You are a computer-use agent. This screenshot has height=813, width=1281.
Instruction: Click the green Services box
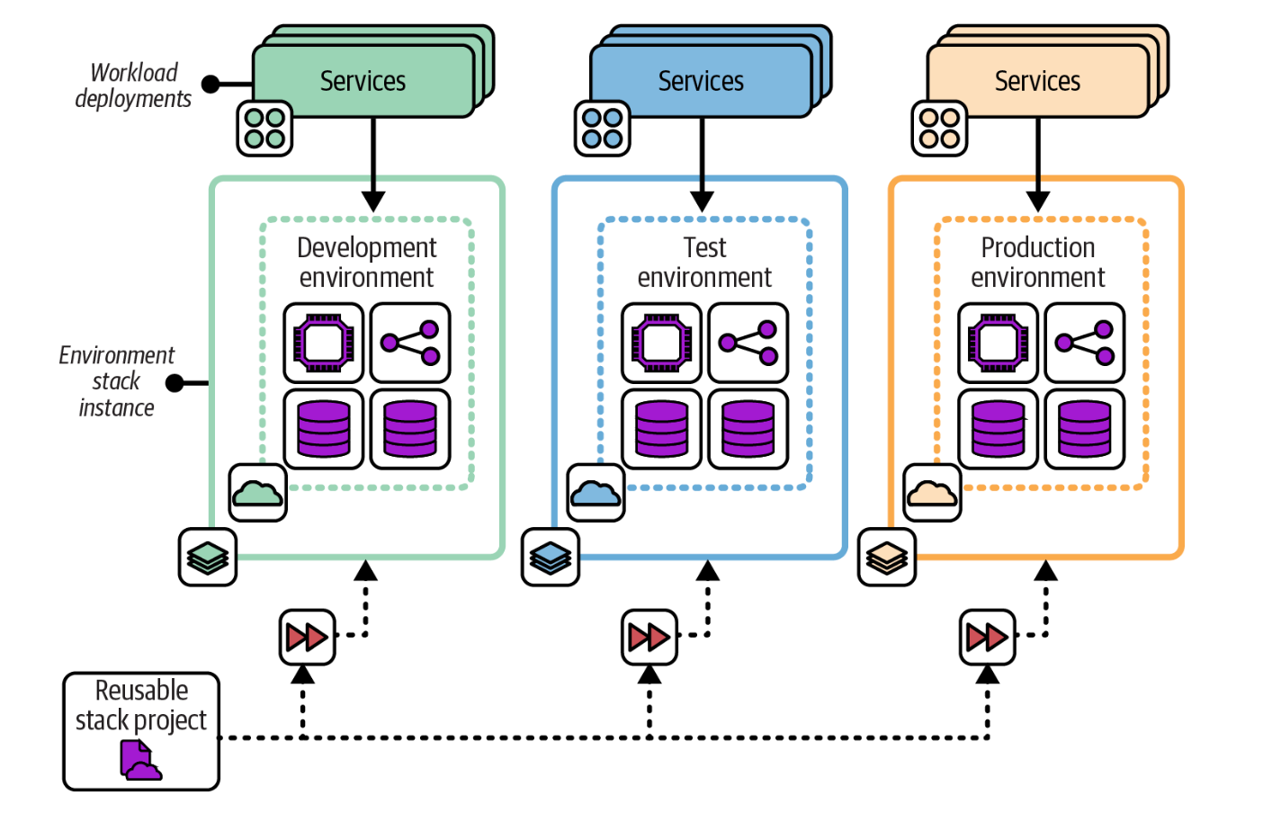(x=363, y=81)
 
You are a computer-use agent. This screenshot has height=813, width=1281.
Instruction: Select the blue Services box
(x=701, y=81)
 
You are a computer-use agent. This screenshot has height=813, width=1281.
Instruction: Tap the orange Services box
(x=1037, y=81)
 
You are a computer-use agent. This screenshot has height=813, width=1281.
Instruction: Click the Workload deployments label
(x=133, y=85)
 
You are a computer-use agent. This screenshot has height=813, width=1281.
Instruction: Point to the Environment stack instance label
(x=116, y=381)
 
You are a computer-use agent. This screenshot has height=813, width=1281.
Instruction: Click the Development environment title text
(x=367, y=262)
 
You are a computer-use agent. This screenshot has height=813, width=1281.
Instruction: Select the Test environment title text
(x=704, y=262)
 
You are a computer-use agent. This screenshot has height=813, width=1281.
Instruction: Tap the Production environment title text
(x=1038, y=262)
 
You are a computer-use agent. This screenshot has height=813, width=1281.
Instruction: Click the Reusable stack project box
(x=141, y=730)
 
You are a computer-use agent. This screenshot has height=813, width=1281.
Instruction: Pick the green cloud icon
(x=258, y=493)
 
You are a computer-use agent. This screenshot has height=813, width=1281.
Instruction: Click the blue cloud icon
(x=596, y=493)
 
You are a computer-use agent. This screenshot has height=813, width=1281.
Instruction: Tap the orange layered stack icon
(x=887, y=558)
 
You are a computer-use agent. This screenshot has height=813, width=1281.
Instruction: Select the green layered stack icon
(x=208, y=558)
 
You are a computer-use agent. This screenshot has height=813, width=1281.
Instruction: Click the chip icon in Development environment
(x=324, y=343)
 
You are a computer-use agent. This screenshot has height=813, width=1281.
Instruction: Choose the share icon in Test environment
(x=748, y=343)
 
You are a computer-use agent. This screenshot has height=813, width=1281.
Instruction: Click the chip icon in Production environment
(x=998, y=343)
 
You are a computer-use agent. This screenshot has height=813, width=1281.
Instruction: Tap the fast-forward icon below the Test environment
(x=649, y=638)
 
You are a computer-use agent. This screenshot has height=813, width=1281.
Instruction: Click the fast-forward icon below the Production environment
(x=987, y=638)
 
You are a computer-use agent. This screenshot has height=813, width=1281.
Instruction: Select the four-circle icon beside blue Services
(x=602, y=129)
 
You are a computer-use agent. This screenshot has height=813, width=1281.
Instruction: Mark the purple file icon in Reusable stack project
(x=139, y=760)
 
